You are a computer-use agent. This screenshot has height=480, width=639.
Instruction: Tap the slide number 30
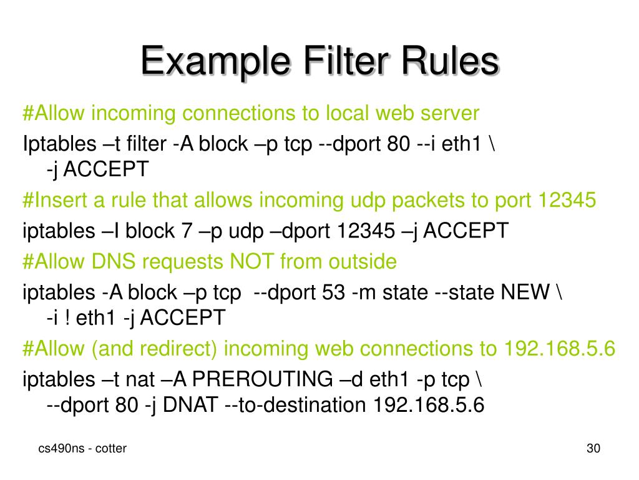(x=593, y=448)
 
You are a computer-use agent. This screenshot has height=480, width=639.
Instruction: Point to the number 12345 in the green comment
(x=565, y=201)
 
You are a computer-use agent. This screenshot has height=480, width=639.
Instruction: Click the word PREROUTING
(x=262, y=379)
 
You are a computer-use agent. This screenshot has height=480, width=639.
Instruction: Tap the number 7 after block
(x=187, y=231)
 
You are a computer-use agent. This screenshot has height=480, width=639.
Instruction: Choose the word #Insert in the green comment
(x=56, y=201)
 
